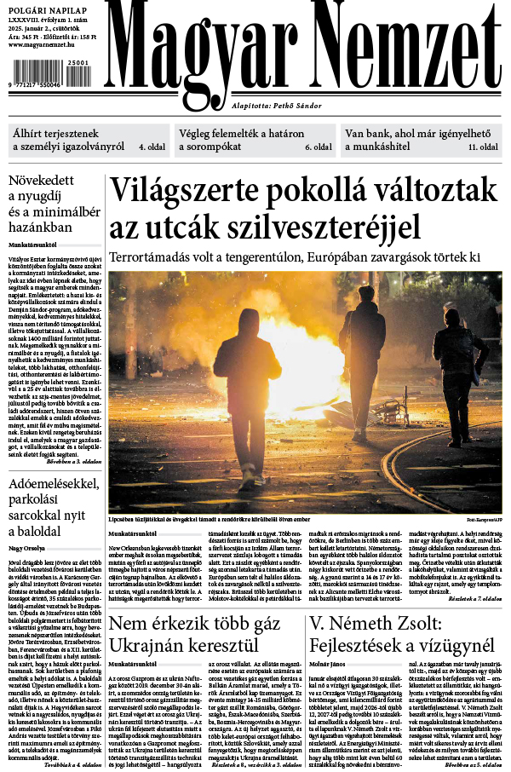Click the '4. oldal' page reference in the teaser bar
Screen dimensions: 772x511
tap(152, 147)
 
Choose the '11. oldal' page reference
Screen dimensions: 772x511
tap(483, 147)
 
